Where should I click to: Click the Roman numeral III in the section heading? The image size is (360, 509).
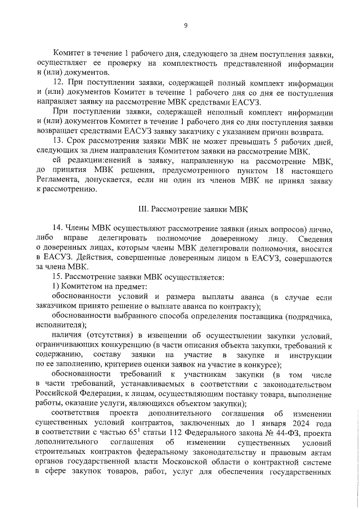pyautogui.click(x=143, y=209)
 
